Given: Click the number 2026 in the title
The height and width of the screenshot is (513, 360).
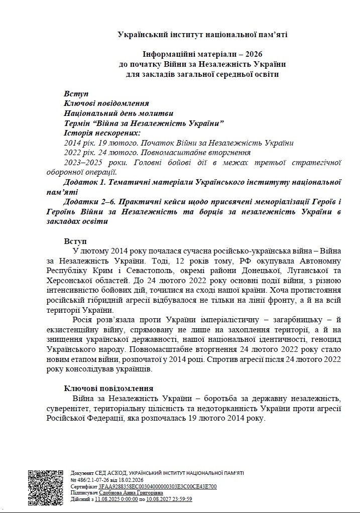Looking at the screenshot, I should (253, 54).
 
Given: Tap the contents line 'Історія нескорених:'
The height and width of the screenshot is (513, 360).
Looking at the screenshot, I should (102, 133).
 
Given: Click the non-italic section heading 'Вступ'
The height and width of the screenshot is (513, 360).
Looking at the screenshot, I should (75, 241).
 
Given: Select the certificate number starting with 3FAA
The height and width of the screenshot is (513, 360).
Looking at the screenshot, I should (158, 486).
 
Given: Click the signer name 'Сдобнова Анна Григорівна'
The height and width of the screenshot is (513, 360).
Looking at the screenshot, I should (127, 493).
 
